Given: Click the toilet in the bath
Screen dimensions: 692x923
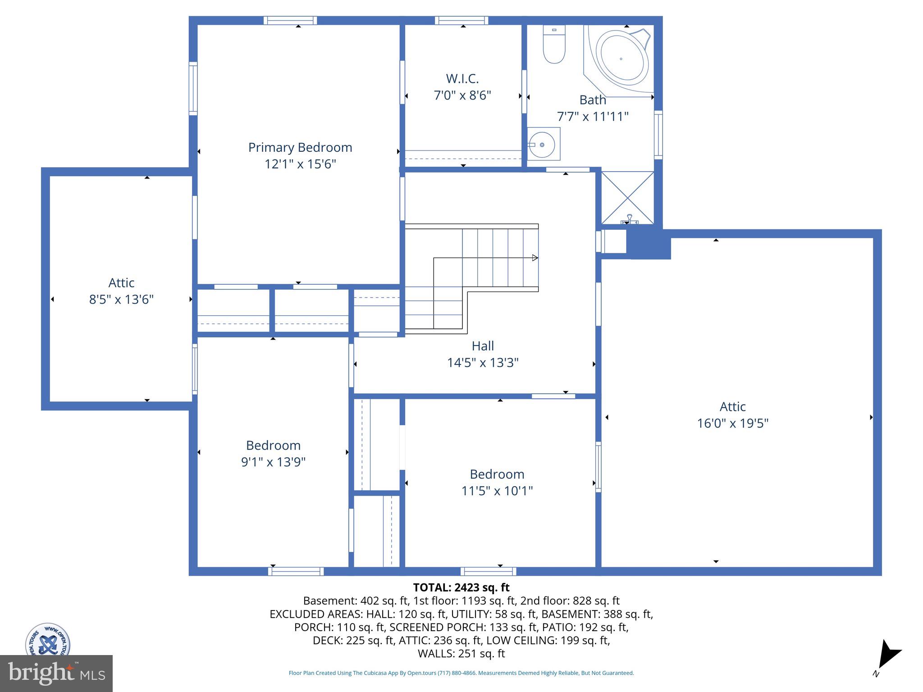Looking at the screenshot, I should tap(554, 45).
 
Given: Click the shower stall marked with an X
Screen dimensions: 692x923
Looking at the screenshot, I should tap(627, 198).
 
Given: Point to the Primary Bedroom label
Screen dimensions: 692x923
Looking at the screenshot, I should tap(300, 148).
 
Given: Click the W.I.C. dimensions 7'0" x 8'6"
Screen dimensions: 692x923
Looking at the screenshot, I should tap(462, 96).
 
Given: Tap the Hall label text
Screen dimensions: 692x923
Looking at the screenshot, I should tap(483, 346).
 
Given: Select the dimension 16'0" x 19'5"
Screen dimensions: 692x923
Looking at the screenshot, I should tap(732, 423).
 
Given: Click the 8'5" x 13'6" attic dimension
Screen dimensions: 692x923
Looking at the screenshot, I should tap(121, 300).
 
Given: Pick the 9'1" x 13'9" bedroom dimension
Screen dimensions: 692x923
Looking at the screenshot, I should tap(273, 462).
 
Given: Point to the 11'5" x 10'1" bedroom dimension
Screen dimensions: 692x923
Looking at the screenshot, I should tap(497, 491).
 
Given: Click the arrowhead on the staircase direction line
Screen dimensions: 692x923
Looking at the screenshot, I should tap(535, 258).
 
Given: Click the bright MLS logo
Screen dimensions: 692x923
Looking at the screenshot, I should tap(56, 674).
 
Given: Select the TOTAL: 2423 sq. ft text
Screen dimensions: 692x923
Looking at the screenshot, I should tap(461, 587).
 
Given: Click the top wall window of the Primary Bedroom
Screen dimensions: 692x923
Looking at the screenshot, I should tap(290, 20).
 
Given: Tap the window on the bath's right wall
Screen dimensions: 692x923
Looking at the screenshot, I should tap(658, 135).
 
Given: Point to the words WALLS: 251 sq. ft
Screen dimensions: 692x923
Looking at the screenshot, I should tap(461, 654).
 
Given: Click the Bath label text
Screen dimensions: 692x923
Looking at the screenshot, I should tap(592, 100).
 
